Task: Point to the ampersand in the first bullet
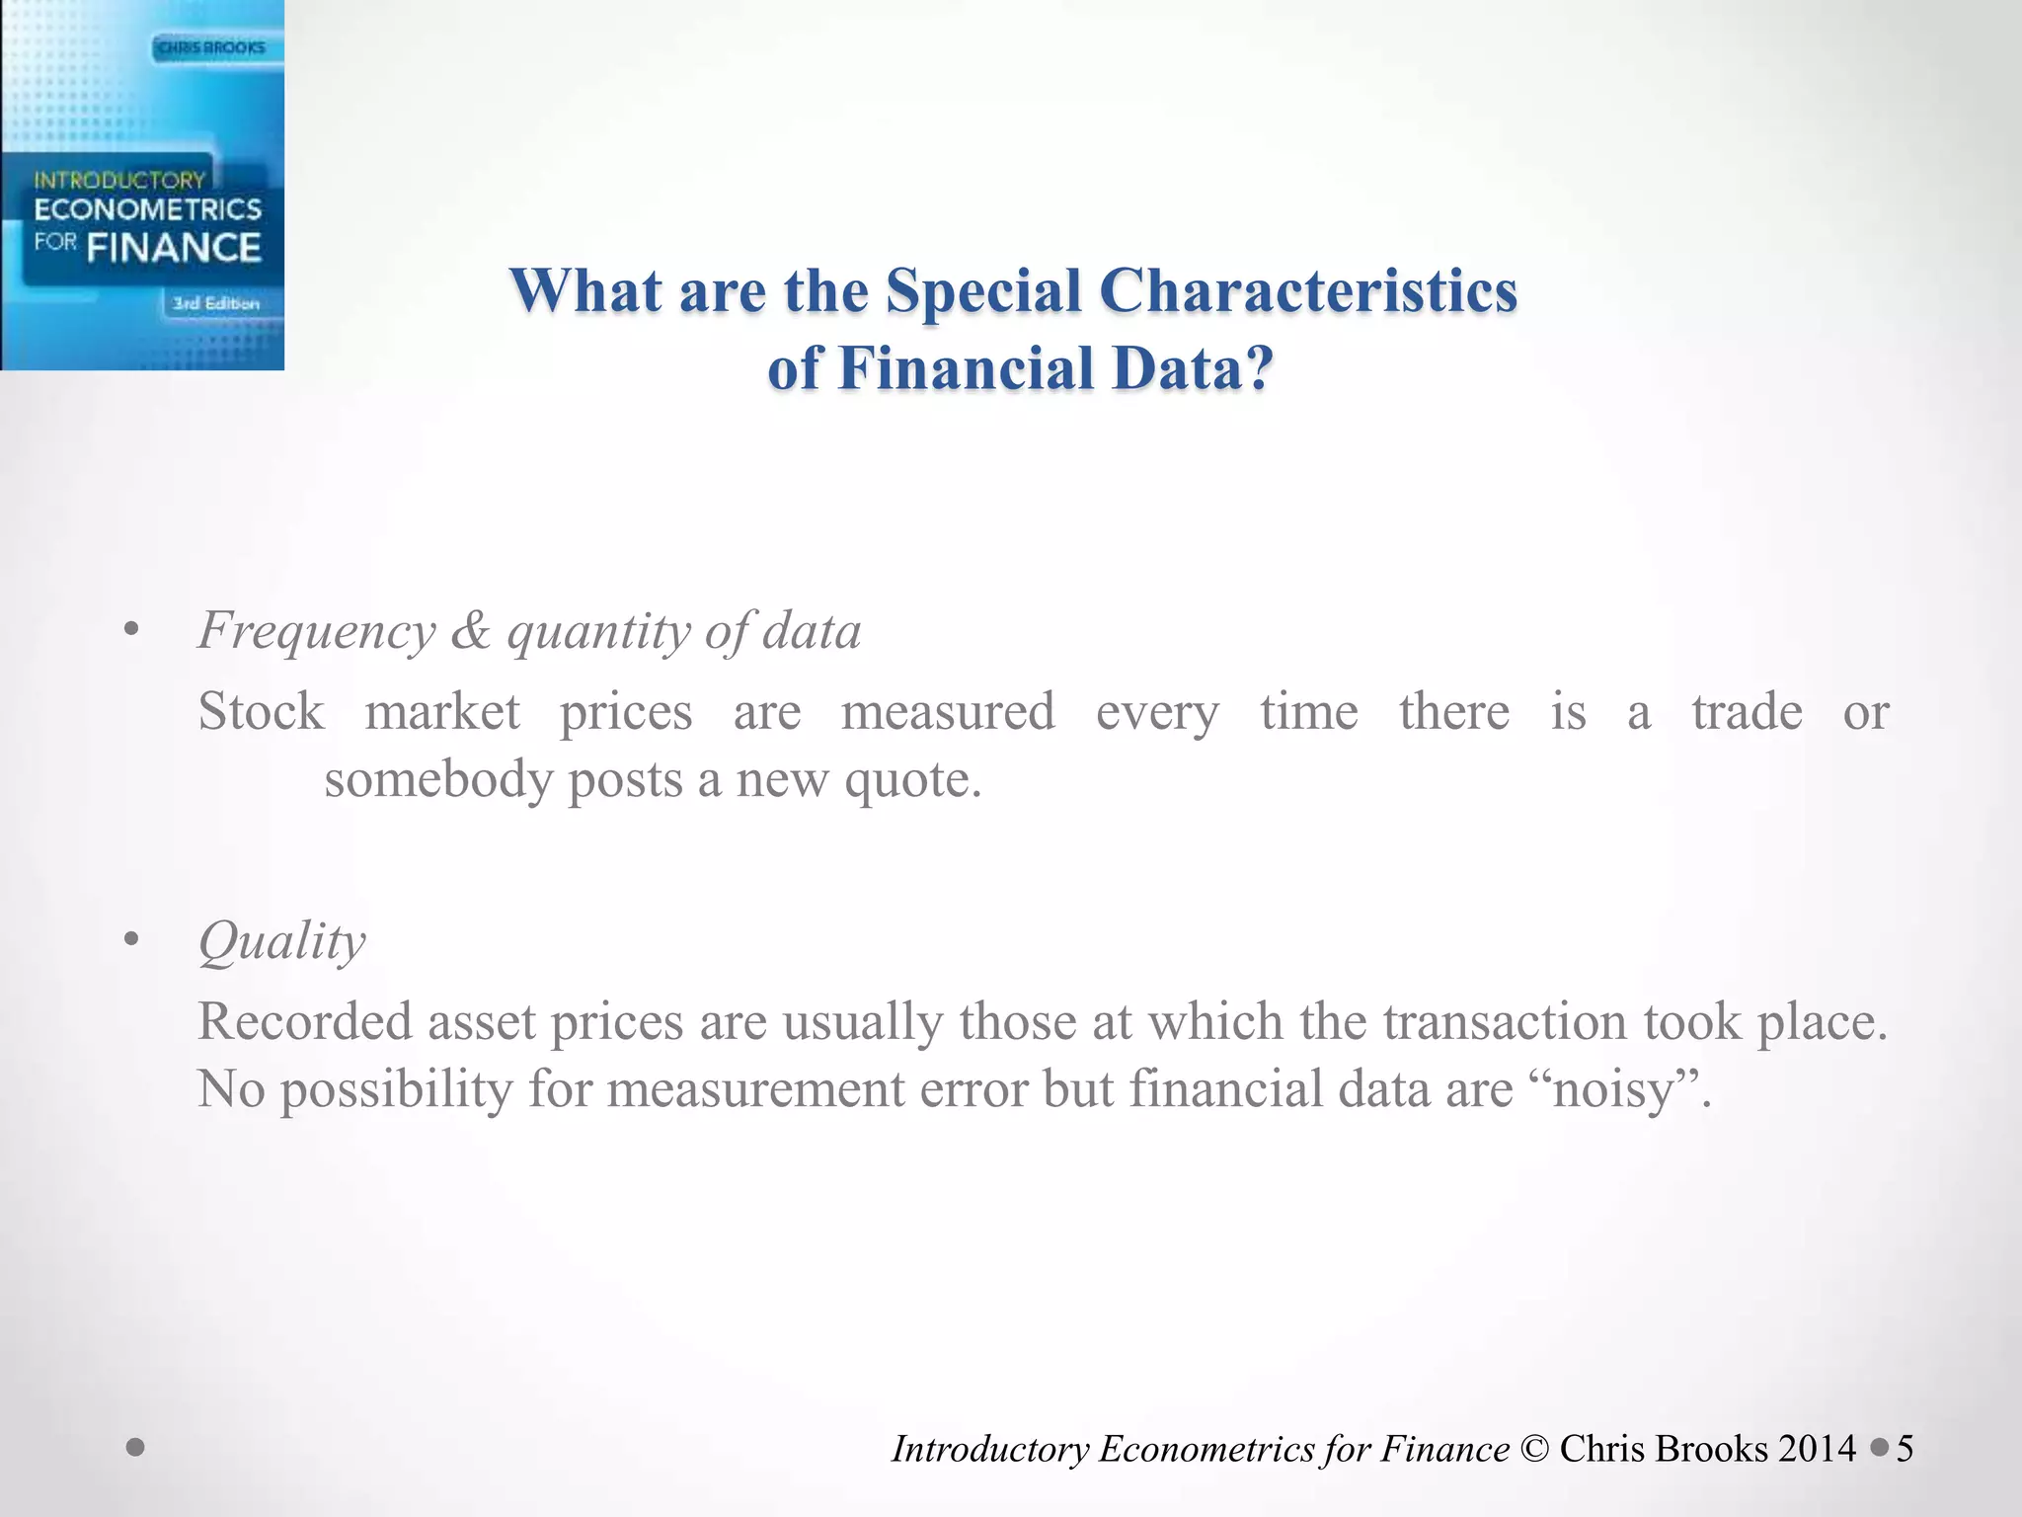(470, 630)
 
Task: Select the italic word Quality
(281, 942)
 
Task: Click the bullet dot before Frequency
(131, 629)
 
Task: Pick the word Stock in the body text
(261, 711)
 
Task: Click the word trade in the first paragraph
(1747, 711)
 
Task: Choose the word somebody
(437, 780)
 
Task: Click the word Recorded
(305, 1021)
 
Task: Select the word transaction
(1504, 1021)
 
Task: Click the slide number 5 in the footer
(1905, 1449)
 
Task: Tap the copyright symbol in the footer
(1534, 1449)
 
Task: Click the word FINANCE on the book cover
(174, 247)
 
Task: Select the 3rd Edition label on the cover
(216, 303)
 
